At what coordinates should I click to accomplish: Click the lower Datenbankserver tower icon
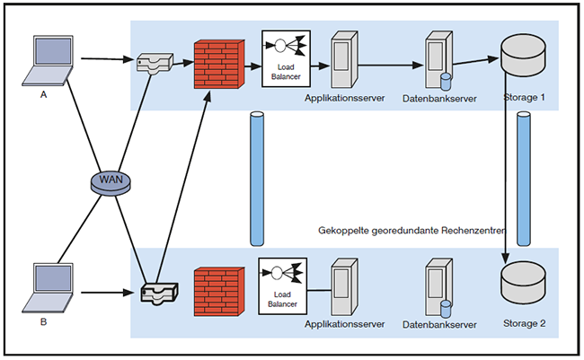pyautogui.click(x=438, y=285)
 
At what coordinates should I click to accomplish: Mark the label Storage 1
pyautogui.click(x=525, y=96)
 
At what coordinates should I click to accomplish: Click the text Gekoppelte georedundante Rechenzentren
pyautogui.click(x=412, y=231)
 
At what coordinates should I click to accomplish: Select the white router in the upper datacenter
pyautogui.click(x=155, y=62)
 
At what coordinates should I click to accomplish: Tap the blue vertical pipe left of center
pyautogui.click(x=257, y=179)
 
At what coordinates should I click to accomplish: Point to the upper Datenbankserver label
pyautogui.click(x=438, y=96)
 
